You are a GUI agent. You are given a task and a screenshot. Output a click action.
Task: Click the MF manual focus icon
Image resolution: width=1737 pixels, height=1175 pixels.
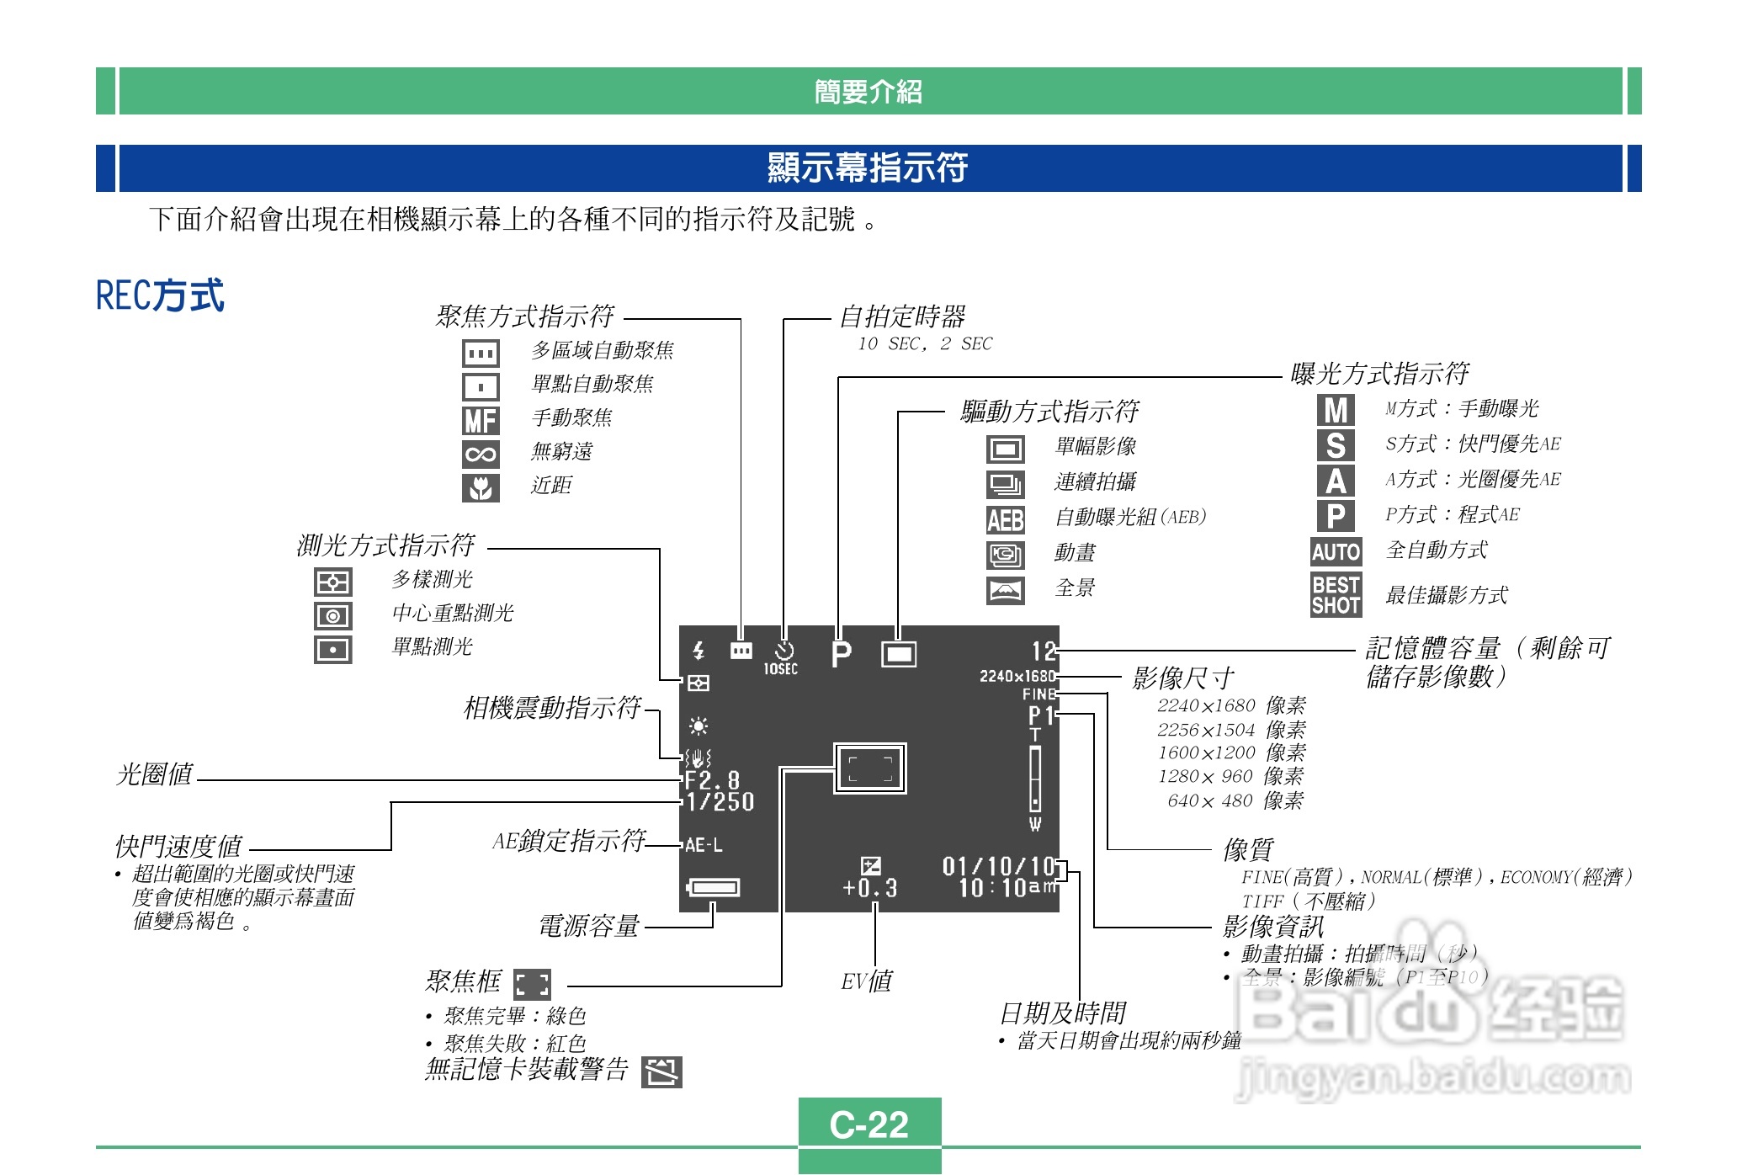(481, 420)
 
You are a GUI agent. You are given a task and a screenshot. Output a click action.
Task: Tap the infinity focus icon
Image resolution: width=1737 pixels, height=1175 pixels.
(481, 455)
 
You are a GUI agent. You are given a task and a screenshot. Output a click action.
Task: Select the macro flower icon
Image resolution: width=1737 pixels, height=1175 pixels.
(481, 487)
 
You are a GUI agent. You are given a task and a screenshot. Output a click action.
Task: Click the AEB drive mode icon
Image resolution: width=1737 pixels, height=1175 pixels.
(1006, 519)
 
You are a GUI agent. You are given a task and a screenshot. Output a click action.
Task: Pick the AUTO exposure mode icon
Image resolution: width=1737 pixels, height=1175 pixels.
(1336, 552)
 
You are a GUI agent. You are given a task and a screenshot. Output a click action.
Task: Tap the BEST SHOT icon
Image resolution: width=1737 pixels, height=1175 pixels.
(1336, 595)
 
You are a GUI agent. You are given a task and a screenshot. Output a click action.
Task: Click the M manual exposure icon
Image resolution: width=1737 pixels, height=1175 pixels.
(1336, 410)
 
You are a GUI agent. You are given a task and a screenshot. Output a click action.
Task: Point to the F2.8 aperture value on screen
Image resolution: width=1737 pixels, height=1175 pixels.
(712, 779)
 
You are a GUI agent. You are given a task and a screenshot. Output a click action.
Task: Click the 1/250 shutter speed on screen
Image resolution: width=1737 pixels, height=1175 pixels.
(720, 801)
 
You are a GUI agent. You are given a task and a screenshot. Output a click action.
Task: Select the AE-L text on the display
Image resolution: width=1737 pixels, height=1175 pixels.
(704, 845)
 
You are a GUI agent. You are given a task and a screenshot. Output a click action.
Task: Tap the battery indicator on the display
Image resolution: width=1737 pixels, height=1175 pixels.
(714, 887)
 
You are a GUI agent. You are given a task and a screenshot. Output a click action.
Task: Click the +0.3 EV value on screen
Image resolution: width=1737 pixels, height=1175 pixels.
(870, 888)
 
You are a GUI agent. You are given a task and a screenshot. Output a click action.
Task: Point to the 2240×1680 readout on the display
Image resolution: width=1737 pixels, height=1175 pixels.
(1017, 676)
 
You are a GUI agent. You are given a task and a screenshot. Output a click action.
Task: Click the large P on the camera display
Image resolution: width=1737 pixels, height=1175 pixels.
(841, 654)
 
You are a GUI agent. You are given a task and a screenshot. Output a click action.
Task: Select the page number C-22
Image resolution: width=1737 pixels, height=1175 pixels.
(869, 1124)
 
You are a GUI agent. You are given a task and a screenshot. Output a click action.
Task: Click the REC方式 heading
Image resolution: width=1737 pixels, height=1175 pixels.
(160, 295)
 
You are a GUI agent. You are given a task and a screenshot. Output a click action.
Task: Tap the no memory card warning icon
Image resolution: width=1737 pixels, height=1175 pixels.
(661, 1072)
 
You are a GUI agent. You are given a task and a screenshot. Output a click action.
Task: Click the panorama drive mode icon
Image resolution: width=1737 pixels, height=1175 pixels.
(1006, 590)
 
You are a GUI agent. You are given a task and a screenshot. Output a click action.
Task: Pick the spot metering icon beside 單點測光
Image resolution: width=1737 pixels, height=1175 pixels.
(333, 650)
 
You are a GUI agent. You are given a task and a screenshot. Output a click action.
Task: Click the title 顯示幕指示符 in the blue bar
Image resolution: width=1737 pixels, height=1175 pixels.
(868, 167)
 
